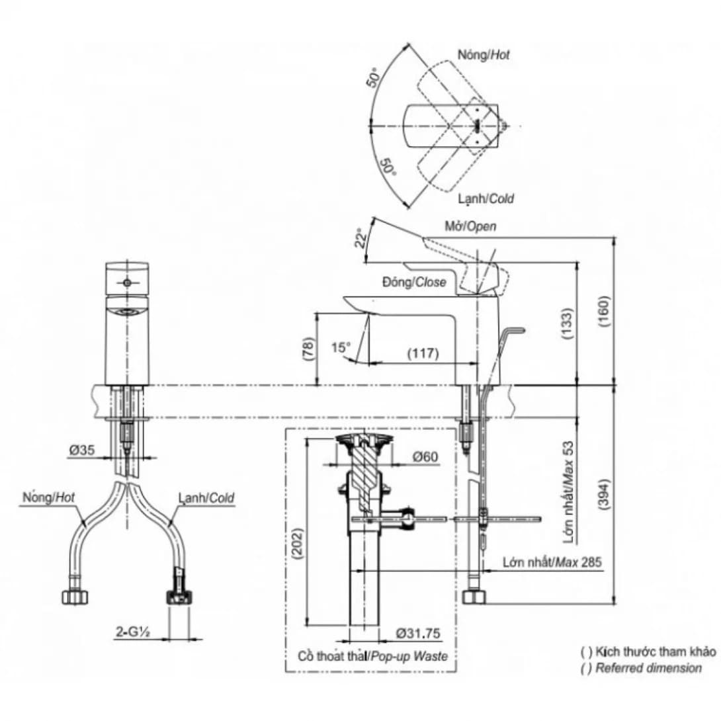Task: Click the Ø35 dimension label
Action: point(81,450)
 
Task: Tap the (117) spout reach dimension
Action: point(423,353)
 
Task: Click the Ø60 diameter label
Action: point(425,456)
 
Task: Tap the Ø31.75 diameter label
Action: point(418,634)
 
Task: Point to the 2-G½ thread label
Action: point(132,633)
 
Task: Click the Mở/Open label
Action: point(470,227)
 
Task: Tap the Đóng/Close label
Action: point(414,282)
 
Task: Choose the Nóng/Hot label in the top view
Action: point(484,56)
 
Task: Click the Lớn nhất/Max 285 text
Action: point(552,562)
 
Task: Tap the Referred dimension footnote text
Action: point(648,668)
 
